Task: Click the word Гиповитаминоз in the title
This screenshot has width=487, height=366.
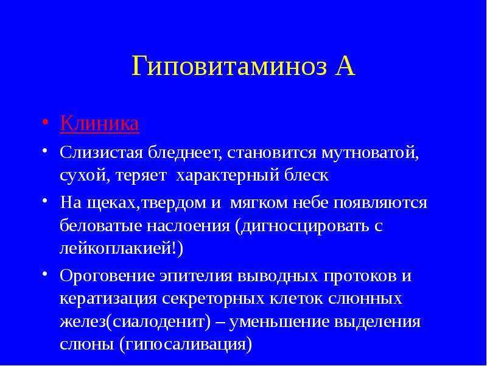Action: tap(229, 66)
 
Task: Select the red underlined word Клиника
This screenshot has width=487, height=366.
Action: tap(99, 123)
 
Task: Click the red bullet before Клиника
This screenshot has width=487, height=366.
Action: tap(45, 121)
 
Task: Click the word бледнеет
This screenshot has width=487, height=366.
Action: tap(184, 153)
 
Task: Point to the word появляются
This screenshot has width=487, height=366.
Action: tap(380, 203)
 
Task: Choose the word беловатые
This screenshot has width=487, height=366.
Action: tap(100, 225)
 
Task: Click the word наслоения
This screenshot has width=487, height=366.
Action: tap(187, 226)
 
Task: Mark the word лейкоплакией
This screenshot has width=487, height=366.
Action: tap(116, 249)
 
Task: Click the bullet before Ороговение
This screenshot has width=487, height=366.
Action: tap(45, 273)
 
